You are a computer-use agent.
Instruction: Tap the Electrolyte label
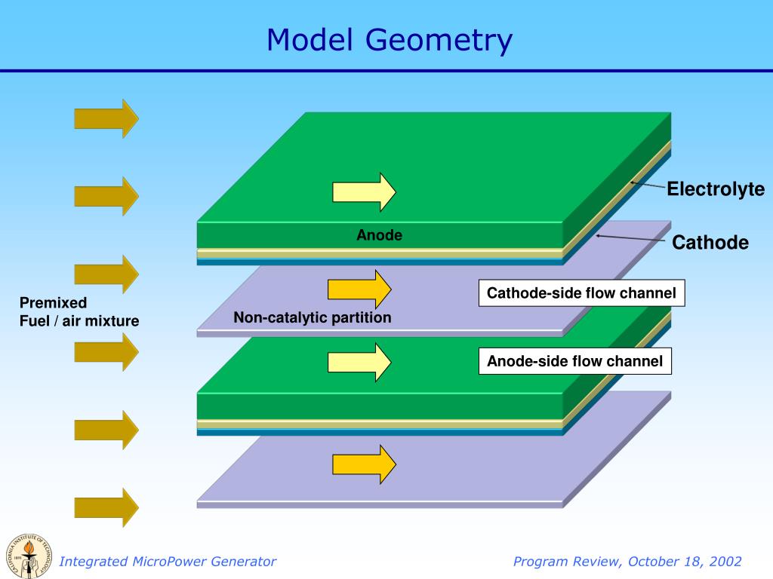point(715,189)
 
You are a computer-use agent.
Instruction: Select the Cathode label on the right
point(710,243)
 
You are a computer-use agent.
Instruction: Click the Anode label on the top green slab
point(380,235)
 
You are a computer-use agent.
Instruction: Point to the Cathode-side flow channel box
point(581,293)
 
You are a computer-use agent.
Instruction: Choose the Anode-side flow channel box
point(574,361)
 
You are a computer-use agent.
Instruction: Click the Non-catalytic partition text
point(313,317)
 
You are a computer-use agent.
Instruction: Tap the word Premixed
point(53,302)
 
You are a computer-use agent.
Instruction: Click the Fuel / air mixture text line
point(79,321)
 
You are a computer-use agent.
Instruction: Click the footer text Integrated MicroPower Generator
point(168,562)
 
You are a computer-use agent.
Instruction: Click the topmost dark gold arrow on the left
point(106,118)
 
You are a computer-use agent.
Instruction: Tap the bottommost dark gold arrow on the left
point(106,507)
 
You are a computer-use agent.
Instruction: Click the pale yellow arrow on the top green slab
point(364,192)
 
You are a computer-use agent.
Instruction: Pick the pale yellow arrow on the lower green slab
point(359,362)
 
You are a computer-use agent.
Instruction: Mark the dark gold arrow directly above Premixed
point(106,274)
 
